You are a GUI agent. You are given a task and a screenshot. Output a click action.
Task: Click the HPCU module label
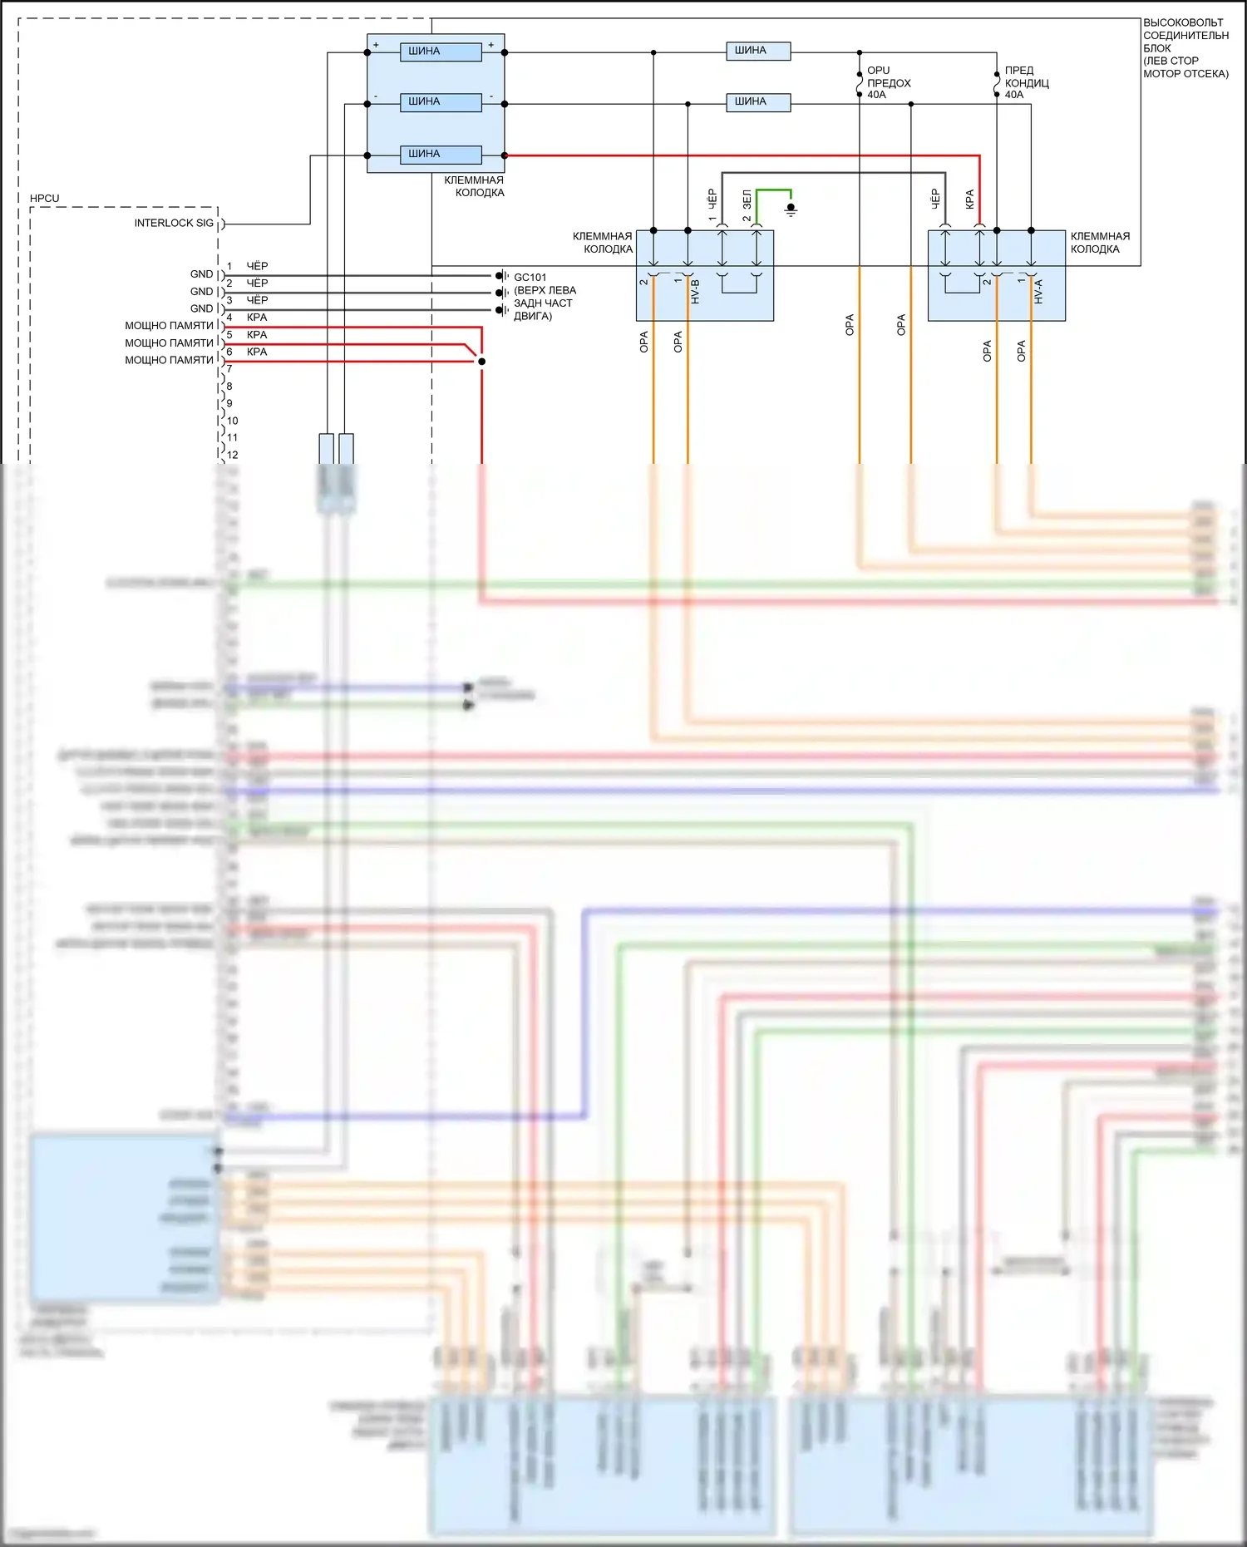[x=44, y=199]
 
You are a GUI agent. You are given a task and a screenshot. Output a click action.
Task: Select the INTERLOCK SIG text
[x=174, y=224]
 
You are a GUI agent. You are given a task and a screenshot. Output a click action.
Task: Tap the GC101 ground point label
[x=530, y=278]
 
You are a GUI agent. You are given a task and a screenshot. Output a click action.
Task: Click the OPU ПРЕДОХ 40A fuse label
[x=888, y=83]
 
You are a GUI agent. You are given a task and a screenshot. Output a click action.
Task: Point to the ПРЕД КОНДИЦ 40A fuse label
[x=1026, y=83]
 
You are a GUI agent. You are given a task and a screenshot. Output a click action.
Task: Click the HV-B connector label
[x=696, y=291]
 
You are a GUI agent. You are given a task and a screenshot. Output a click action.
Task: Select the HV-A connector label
[x=1038, y=291]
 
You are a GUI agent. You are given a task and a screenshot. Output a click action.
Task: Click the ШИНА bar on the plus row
[x=441, y=52]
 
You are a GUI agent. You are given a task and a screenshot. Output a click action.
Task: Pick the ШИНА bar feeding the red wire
[x=441, y=155]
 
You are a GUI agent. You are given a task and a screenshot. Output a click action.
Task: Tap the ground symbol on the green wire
[x=791, y=209]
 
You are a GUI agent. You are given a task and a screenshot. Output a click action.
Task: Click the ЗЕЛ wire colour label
[x=747, y=200]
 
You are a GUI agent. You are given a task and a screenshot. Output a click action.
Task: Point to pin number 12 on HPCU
[x=233, y=455]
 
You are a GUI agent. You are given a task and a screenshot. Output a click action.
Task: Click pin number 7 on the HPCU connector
[x=229, y=369]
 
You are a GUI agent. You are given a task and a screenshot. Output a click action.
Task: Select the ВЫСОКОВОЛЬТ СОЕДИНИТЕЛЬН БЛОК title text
[x=1185, y=48]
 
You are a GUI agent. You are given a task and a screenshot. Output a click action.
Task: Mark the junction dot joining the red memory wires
[x=481, y=362]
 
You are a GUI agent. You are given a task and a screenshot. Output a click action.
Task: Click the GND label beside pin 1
[x=201, y=274]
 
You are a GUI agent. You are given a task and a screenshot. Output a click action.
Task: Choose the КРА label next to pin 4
[x=257, y=318]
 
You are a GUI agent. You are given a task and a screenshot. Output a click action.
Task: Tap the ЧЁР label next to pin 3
[x=257, y=300]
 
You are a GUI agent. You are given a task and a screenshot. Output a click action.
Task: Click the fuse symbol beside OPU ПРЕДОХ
[x=860, y=84]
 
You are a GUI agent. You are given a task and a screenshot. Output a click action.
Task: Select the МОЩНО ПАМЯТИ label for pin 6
[x=169, y=361]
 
